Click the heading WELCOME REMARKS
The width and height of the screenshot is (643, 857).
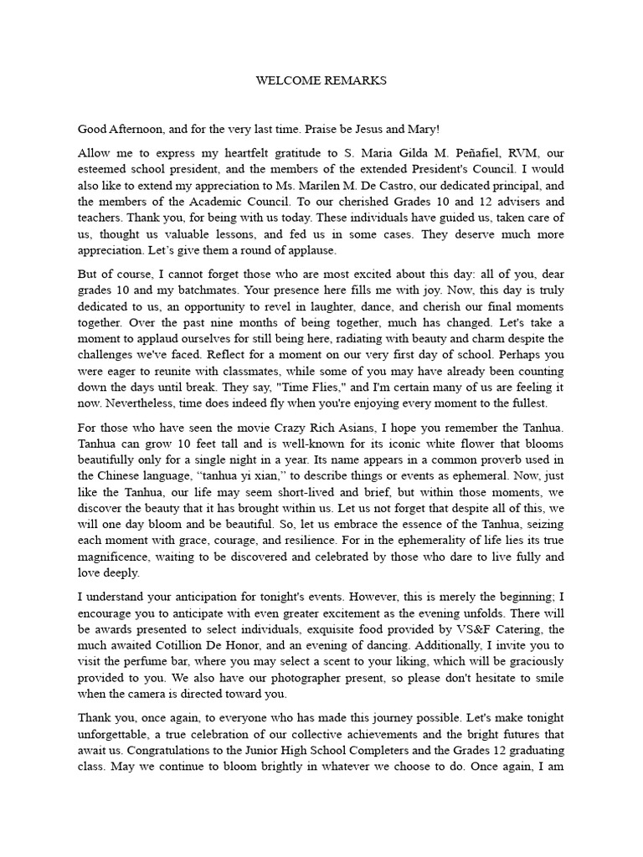pos(321,81)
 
